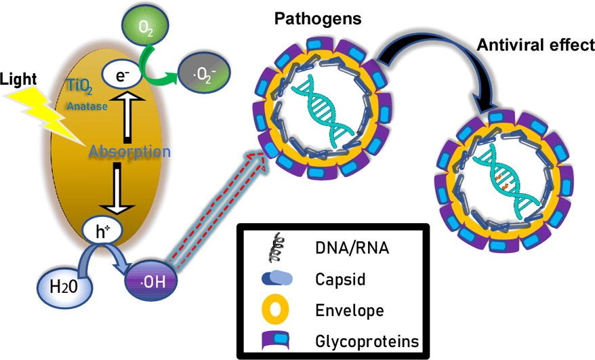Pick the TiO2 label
pos(85,87)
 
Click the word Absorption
pos(128,152)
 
